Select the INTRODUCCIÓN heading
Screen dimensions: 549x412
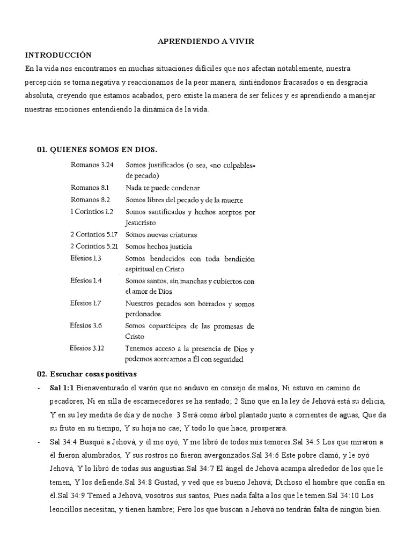pos(58,55)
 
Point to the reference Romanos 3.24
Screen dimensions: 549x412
pos(92,165)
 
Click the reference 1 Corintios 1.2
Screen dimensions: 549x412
pos(92,211)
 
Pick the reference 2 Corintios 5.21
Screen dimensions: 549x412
pos(94,246)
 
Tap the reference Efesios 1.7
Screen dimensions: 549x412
pos(86,303)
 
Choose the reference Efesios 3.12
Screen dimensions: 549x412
pos(87,348)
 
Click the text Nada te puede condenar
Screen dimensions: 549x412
pos(163,188)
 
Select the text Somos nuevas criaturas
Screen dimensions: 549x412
pos(161,235)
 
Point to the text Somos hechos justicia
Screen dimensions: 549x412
pos(159,247)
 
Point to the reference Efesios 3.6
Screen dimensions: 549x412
pos(86,325)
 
